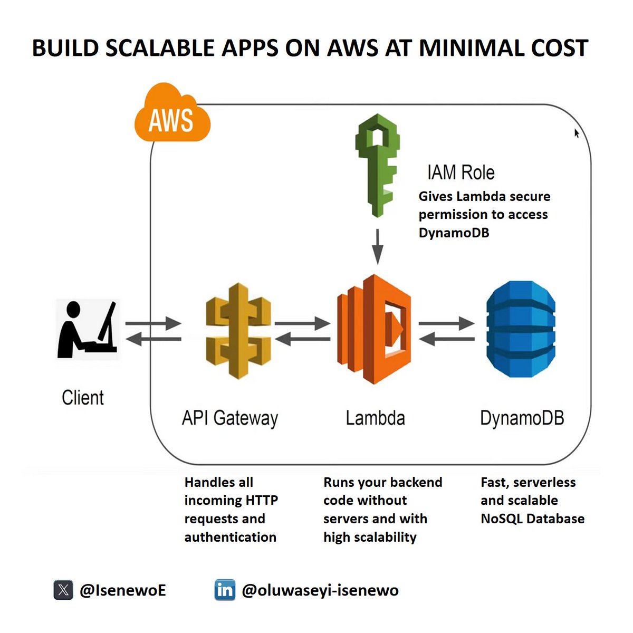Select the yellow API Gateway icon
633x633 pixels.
tap(238, 331)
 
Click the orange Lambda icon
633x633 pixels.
tap(373, 329)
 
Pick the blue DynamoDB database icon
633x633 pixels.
tap(520, 329)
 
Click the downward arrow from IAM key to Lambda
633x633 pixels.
tap(377, 246)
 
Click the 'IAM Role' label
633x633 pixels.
tap(461, 172)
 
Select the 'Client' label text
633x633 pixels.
tap(83, 398)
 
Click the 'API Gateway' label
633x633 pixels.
tap(230, 418)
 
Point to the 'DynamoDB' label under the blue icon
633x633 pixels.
tap(522, 418)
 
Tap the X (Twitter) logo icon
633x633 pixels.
tap(63, 590)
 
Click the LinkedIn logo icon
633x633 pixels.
tap(225, 590)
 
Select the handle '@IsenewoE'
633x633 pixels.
tap(122, 590)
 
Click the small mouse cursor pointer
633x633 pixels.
tap(577, 133)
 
